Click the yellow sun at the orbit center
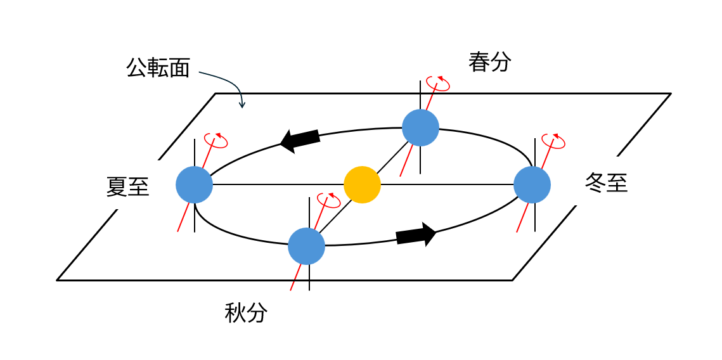pyautogui.click(x=362, y=184)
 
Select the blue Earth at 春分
pyautogui.click(x=420, y=127)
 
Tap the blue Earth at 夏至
pyautogui.click(x=194, y=185)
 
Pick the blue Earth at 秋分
pyautogui.click(x=306, y=246)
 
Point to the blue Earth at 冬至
pyautogui.click(x=532, y=185)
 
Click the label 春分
pyautogui.click(x=489, y=62)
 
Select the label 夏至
pyautogui.click(x=127, y=187)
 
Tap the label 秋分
pyautogui.click(x=246, y=313)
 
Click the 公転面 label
pyautogui.click(x=158, y=68)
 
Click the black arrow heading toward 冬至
pyautogui.click(x=416, y=235)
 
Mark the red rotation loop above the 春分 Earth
pyautogui.click(x=438, y=84)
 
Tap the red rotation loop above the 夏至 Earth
pyautogui.click(x=216, y=140)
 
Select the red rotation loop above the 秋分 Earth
pyautogui.click(x=329, y=201)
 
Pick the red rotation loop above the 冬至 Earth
pyautogui.click(x=553, y=141)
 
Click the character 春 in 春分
pyautogui.click(x=479, y=62)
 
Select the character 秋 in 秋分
pyautogui.click(x=235, y=313)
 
